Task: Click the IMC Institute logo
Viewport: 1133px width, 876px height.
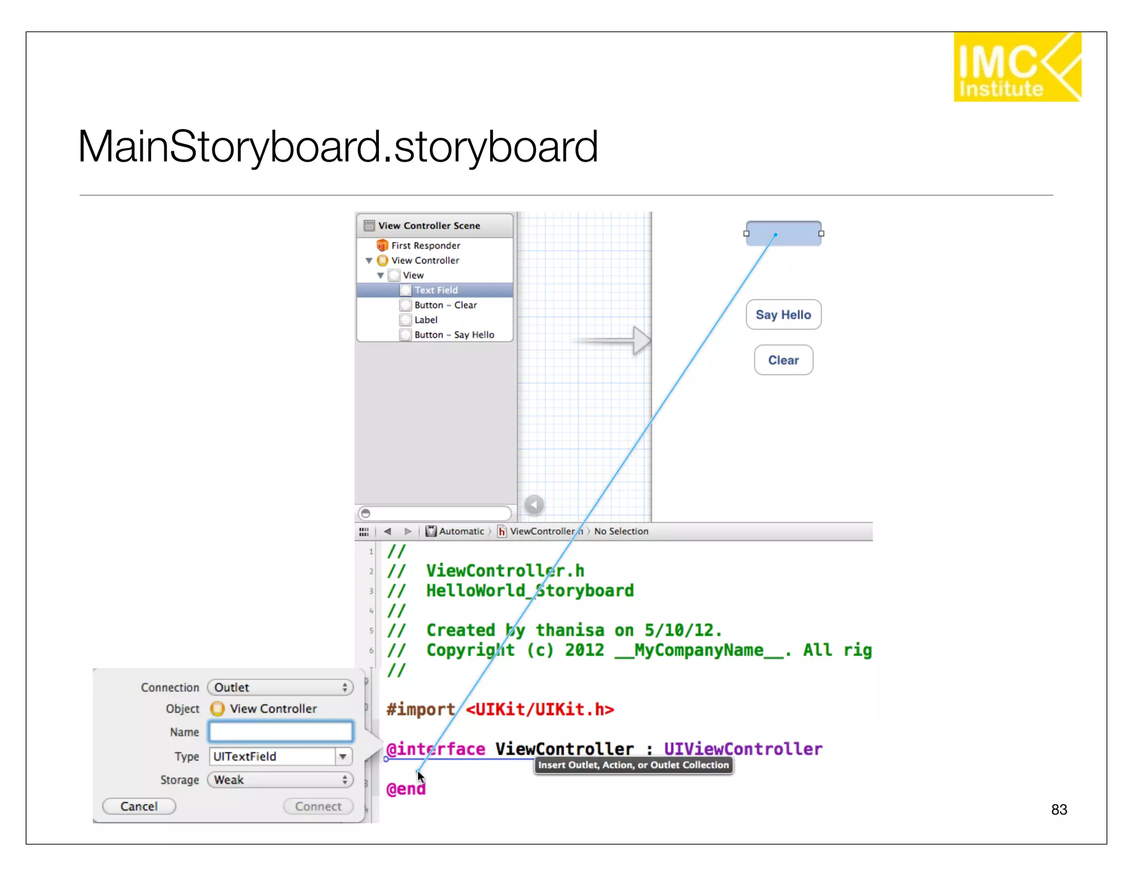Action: coord(1016,67)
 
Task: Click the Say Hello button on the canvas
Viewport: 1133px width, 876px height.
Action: coord(783,315)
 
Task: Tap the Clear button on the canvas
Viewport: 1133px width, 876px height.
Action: coord(783,360)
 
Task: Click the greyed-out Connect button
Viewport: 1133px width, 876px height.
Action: coord(318,806)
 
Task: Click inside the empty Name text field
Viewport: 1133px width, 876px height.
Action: coord(280,731)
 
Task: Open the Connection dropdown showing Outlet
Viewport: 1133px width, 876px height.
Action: coord(280,687)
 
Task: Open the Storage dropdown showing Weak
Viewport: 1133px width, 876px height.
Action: coord(280,780)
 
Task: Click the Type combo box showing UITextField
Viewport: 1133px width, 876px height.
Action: coord(274,756)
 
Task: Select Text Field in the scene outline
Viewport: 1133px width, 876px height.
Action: coord(436,290)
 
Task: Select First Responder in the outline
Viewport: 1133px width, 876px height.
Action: coord(425,245)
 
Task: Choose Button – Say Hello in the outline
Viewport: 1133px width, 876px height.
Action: coord(454,335)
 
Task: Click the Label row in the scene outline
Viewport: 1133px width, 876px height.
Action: coord(425,320)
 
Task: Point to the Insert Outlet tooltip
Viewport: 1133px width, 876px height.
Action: coord(633,765)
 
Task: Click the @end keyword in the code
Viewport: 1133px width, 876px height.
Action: coord(406,789)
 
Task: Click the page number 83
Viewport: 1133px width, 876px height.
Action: coord(1058,810)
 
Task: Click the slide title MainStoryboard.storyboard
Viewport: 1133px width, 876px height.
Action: coord(337,147)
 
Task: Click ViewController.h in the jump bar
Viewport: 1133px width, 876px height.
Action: coord(545,532)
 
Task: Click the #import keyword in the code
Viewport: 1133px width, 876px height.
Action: coord(420,709)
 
